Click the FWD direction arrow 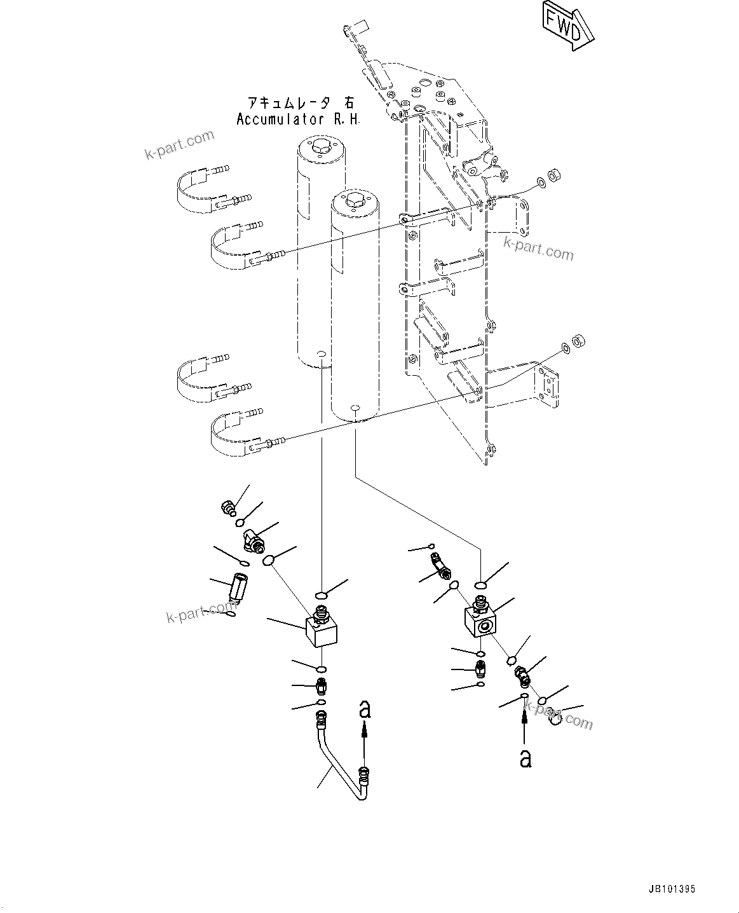point(567,26)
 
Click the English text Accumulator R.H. point(298,119)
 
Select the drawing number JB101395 point(677,890)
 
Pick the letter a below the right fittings point(525,758)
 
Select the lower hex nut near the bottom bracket point(578,341)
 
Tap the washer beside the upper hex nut point(540,183)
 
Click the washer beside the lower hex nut point(564,348)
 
